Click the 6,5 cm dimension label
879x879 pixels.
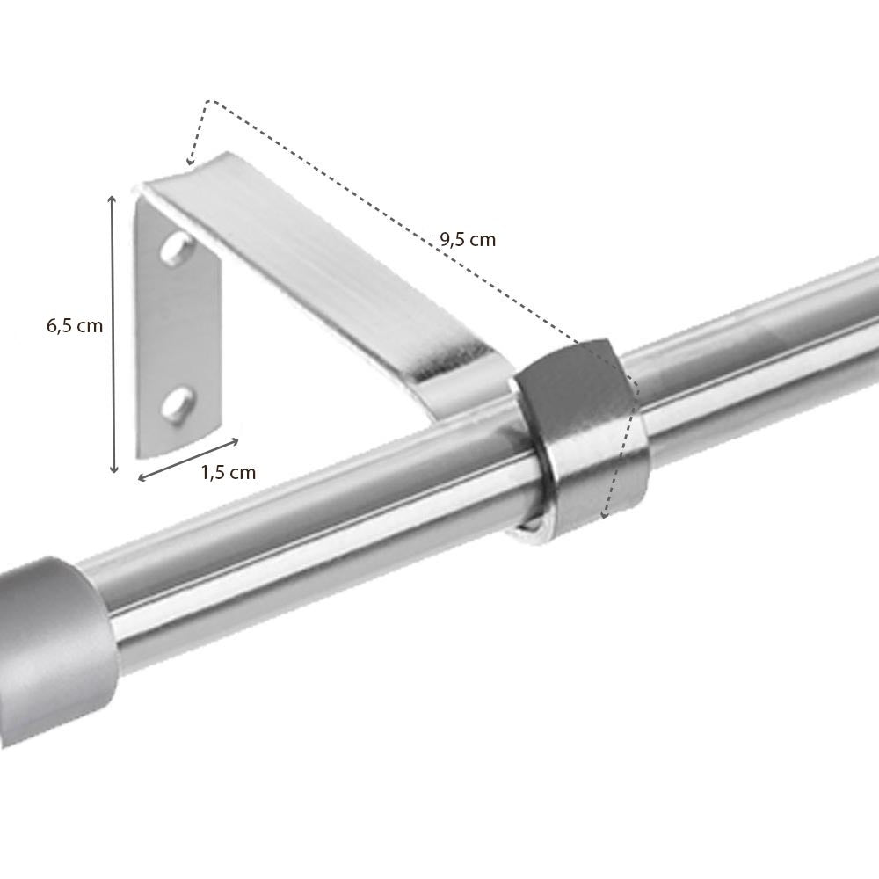pyautogui.click(x=75, y=326)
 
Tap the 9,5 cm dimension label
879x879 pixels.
pyautogui.click(x=468, y=239)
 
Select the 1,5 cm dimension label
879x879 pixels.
pyautogui.click(x=229, y=472)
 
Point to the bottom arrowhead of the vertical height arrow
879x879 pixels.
pyautogui.click(x=113, y=470)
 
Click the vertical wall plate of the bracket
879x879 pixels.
pyautogui.click(x=180, y=325)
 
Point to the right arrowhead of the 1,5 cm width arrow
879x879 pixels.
pyautogui.click(x=236, y=439)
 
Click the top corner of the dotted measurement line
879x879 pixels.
pyautogui.click(x=207, y=102)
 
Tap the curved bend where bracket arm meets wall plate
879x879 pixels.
pyautogui.click(x=149, y=189)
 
